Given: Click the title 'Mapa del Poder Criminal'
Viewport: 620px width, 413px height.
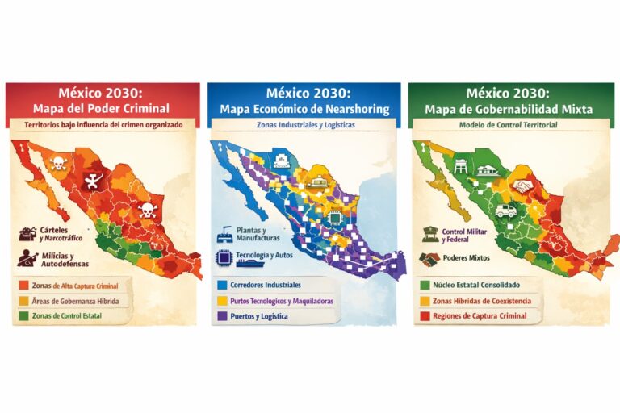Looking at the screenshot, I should click(103, 109).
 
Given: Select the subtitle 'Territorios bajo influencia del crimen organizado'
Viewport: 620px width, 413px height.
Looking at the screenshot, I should click(103, 125).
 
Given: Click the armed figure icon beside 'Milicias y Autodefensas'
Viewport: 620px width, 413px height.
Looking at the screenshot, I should click(26, 259).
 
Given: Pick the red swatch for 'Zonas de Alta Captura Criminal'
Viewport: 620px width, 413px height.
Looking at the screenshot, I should click(25, 285).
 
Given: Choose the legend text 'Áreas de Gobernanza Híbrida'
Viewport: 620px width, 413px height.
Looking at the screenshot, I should click(73, 301).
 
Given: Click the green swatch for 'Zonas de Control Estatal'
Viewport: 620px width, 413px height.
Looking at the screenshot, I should click(25, 316).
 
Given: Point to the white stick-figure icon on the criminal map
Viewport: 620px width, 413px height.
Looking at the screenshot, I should click(94, 181).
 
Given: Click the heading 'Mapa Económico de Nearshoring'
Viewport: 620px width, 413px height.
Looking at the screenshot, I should click(304, 109).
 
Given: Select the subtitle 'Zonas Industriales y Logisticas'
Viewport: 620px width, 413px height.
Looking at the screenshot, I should click(304, 125).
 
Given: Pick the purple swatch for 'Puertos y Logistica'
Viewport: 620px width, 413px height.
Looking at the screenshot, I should click(223, 316).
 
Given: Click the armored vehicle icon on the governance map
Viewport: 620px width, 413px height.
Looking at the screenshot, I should click(505, 211).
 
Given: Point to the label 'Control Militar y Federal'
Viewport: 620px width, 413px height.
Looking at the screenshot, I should click(467, 235).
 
